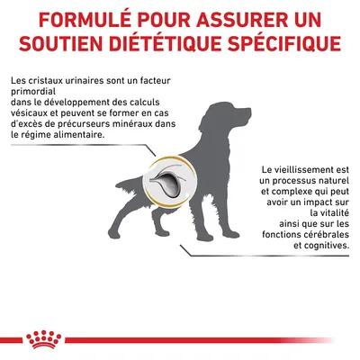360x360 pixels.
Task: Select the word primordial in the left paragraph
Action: (34, 94)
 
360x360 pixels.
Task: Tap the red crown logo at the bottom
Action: (180, 336)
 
